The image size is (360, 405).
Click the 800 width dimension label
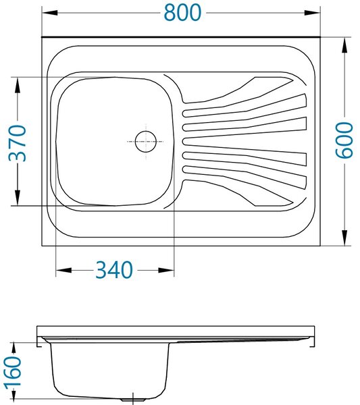click(x=183, y=13)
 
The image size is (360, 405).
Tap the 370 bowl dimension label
click(x=18, y=143)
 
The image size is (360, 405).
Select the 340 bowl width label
click(x=114, y=270)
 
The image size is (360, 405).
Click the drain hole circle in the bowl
click(x=146, y=142)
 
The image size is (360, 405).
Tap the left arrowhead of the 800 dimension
click(x=49, y=13)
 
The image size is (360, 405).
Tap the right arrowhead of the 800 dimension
click(x=313, y=13)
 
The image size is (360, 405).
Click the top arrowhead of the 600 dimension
click(x=344, y=45)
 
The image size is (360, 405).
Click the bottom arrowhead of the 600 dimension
click(x=344, y=238)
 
